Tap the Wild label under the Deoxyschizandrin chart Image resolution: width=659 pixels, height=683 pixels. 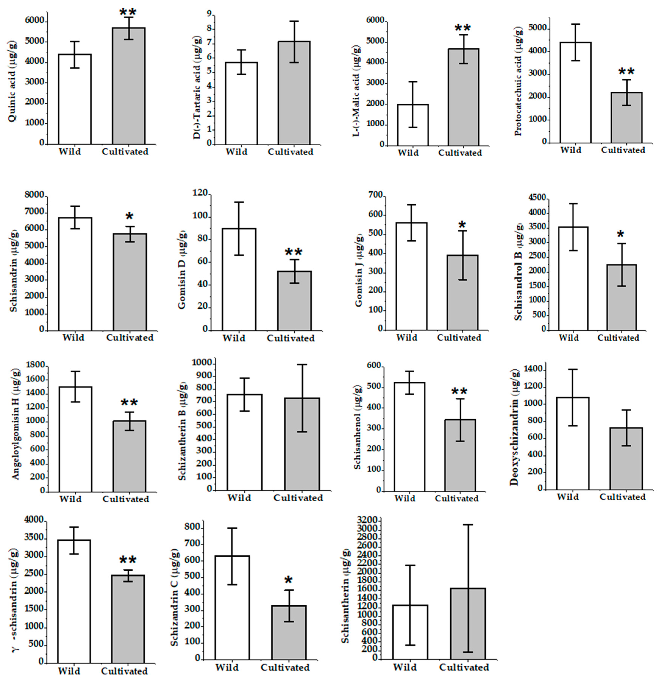click(x=568, y=497)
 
